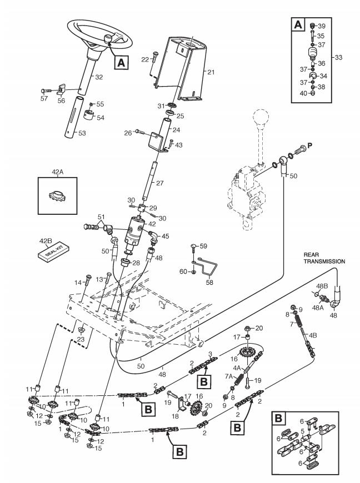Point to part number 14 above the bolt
(85, 283)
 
